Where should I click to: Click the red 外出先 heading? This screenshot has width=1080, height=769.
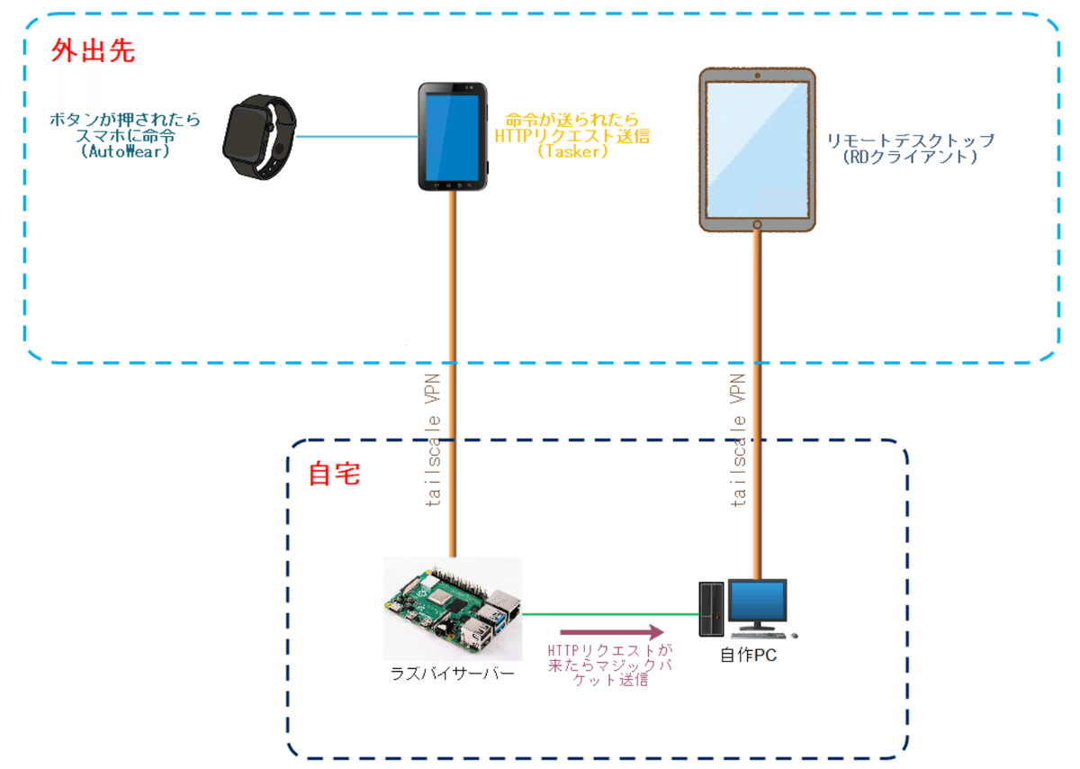point(94,50)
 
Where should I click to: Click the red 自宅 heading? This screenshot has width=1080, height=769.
point(334,474)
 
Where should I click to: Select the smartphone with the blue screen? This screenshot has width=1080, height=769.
point(453,136)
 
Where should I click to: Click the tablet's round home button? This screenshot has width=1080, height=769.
point(758,223)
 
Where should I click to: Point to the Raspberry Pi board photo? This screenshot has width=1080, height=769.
point(452,608)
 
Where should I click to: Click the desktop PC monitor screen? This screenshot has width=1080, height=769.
point(757,605)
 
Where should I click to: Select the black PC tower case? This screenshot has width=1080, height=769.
point(711,610)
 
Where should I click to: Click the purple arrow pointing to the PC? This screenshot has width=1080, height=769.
point(611,633)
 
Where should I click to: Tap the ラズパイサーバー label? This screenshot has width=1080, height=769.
point(452,674)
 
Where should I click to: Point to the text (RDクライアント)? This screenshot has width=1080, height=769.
point(911,157)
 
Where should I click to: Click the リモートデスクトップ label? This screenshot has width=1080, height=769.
point(911,140)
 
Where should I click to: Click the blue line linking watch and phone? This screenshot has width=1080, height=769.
point(356,137)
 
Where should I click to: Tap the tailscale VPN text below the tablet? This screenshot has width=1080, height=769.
point(740,441)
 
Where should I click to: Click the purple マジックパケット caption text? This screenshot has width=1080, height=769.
point(610,665)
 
